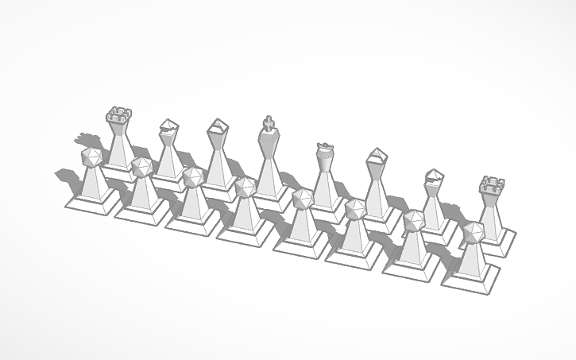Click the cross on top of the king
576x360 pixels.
click(270, 123)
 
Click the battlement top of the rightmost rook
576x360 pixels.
click(492, 188)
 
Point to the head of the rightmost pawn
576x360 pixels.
click(472, 233)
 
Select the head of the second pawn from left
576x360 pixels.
click(142, 168)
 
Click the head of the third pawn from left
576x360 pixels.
click(191, 177)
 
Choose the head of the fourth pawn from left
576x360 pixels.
click(245, 188)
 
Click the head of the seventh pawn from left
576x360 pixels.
click(412, 222)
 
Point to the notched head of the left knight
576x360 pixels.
click(168, 127)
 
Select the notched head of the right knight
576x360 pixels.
click(434, 178)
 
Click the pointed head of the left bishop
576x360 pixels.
click(218, 130)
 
